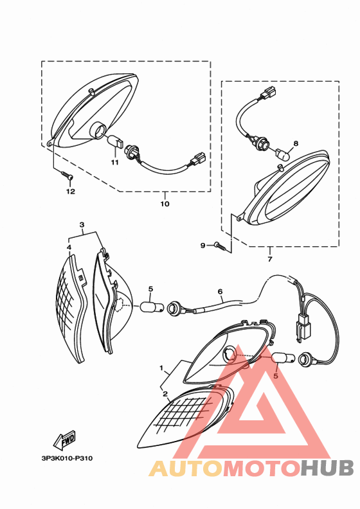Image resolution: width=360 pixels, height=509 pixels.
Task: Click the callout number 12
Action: [71, 192]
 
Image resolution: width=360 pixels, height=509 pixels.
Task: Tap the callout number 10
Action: [165, 204]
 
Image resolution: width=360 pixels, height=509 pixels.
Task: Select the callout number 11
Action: [115, 163]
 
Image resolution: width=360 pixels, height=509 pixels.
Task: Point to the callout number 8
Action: [296, 143]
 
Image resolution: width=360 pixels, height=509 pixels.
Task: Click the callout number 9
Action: [203, 246]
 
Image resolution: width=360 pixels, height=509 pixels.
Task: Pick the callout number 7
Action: [270, 259]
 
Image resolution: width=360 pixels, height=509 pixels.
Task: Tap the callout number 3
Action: [82, 225]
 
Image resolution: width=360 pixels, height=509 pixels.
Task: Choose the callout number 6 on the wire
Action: [221, 292]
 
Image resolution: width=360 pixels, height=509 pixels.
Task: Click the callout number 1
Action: [161, 368]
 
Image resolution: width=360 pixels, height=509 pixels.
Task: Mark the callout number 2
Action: [165, 394]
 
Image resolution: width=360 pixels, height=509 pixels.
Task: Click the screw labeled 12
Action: [67, 175]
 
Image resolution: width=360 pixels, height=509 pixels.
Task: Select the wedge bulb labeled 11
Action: [115, 142]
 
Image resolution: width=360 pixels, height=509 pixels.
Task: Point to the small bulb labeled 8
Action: [282, 154]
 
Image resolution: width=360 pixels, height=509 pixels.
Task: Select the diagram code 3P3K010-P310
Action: [67, 458]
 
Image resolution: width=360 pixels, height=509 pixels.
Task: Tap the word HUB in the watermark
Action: [327, 468]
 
